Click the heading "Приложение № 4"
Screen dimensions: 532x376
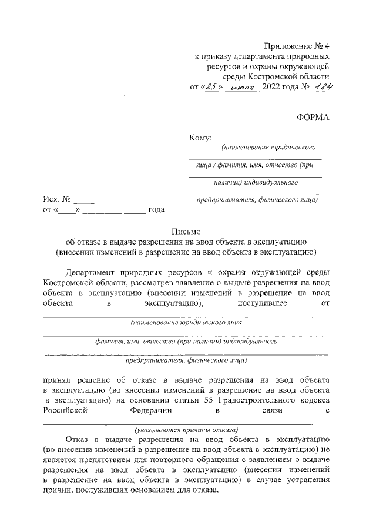click(x=297, y=46)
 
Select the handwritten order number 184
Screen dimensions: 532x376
click(x=321, y=87)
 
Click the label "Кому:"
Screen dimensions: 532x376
click(x=200, y=138)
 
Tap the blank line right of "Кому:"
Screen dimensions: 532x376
click(x=267, y=139)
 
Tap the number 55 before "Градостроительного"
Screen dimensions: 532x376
click(x=208, y=401)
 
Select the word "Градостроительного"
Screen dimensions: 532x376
click(x=258, y=401)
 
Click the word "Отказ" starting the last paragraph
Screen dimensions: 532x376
click(x=78, y=439)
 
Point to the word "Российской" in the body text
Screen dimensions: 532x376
click(x=65, y=411)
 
